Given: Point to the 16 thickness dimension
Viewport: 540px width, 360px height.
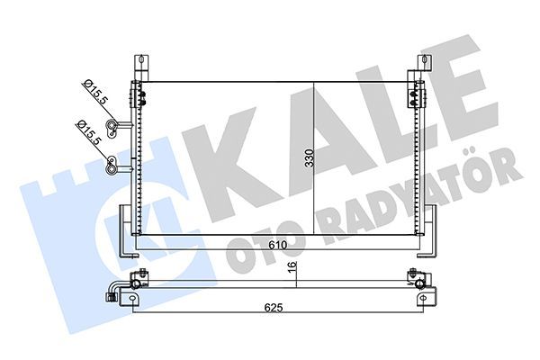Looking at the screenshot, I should tap(292, 267).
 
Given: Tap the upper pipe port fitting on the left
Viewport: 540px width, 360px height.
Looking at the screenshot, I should tap(112, 125).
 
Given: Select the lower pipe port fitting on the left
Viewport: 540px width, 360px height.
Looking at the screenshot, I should tap(112, 163).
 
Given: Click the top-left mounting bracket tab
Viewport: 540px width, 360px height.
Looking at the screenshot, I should tap(139, 66).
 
